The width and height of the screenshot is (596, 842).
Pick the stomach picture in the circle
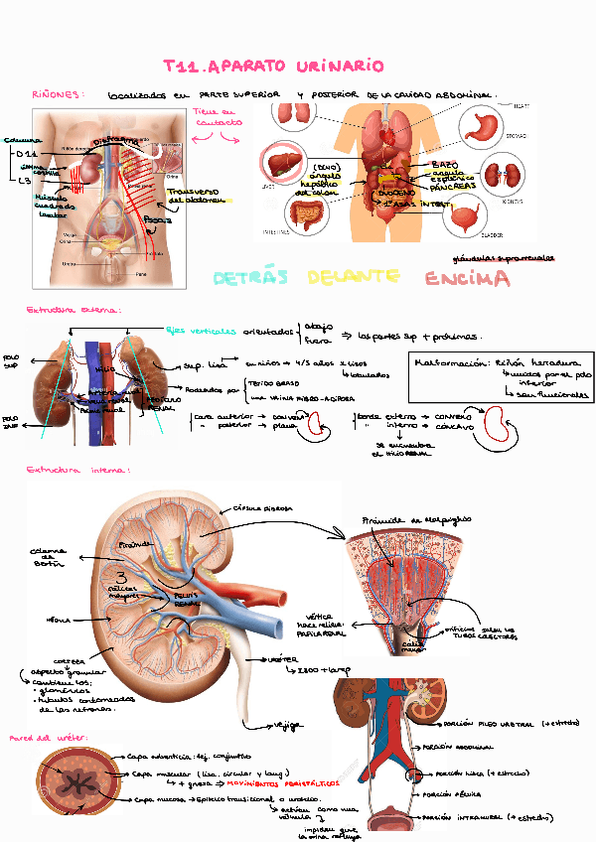tap(485, 126)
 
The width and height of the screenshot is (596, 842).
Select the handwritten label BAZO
tap(445, 164)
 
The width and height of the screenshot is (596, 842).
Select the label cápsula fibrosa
tap(262, 508)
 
